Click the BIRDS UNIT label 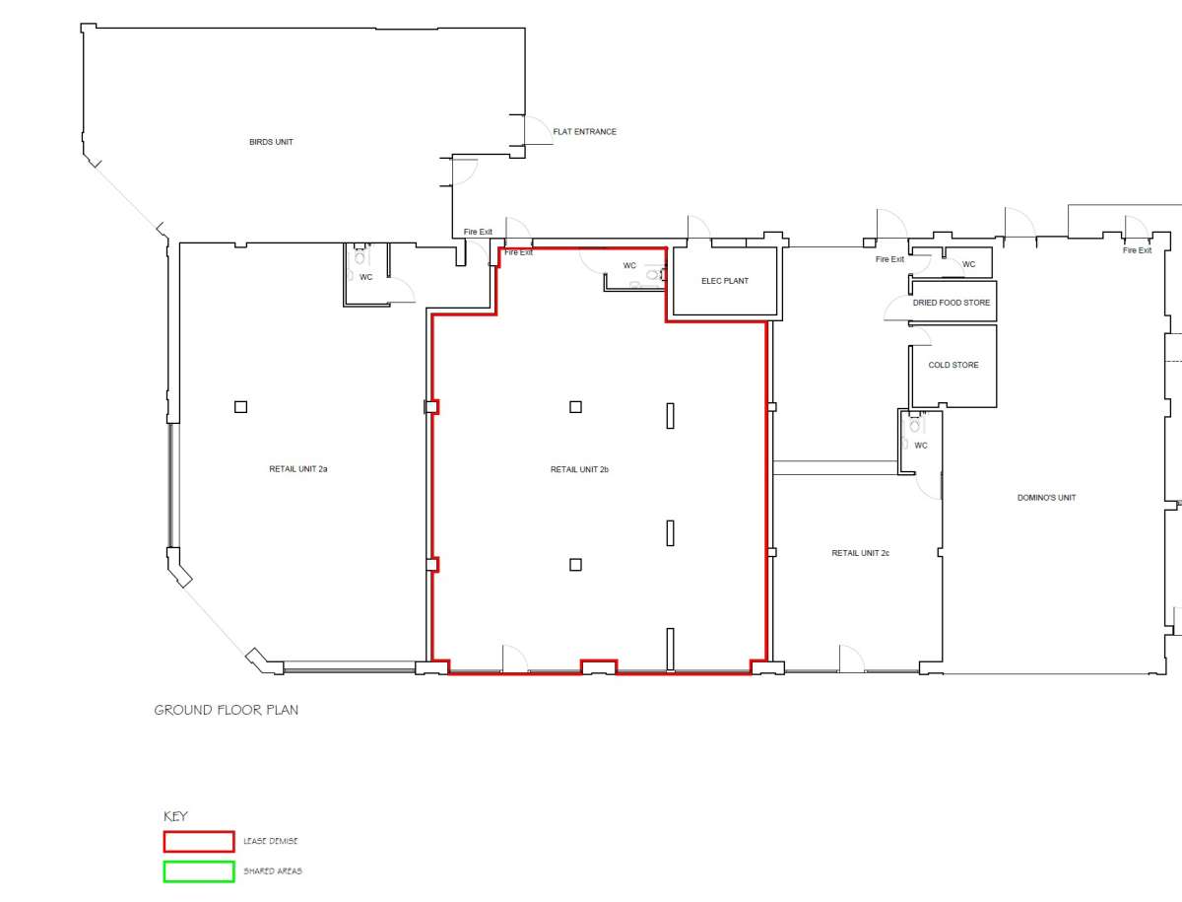271,142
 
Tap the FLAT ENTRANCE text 584,132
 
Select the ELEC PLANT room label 725,281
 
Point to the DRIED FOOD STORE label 952,303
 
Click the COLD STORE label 953,365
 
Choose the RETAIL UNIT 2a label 297,469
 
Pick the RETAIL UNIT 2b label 579,470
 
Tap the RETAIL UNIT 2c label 860,553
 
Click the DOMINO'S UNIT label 1046,498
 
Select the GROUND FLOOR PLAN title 226,710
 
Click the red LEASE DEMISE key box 198,842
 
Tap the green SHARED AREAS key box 198,871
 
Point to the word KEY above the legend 175,816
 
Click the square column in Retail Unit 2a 240,406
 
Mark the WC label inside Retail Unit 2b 629,265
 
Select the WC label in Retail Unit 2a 366,277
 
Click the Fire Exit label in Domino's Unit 1137,250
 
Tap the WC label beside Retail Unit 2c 921,446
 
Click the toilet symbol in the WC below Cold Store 915,425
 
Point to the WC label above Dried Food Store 969,264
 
